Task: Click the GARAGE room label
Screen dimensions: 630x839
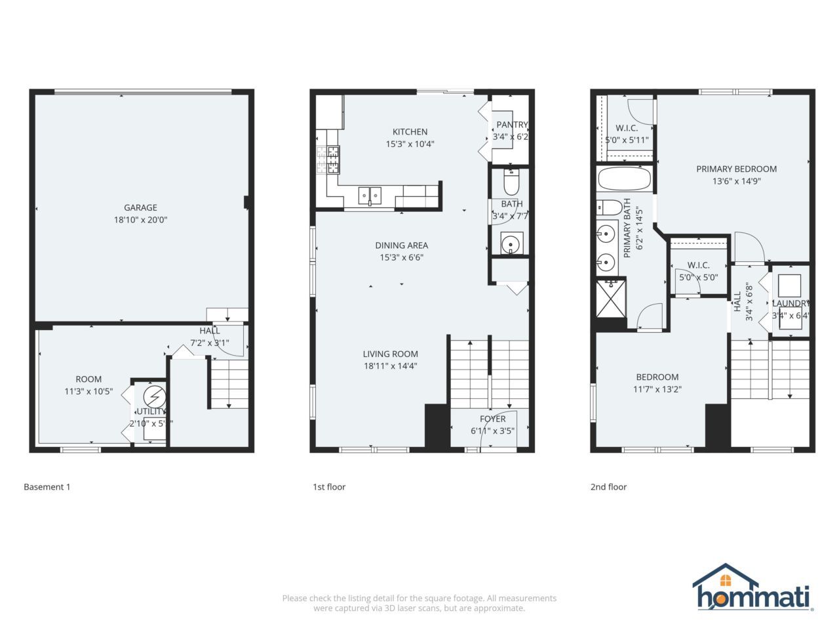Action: (x=140, y=208)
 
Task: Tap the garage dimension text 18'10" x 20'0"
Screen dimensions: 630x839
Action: (x=140, y=220)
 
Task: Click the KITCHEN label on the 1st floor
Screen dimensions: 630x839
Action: (x=410, y=132)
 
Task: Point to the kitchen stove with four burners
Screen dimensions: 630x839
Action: (x=329, y=159)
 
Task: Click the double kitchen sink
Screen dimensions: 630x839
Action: (x=370, y=195)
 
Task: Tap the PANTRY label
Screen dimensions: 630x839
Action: (x=511, y=125)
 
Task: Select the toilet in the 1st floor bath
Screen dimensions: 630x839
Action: (x=510, y=178)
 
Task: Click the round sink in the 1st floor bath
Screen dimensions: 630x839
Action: (x=511, y=244)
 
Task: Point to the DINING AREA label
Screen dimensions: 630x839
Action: (x=401, y=245)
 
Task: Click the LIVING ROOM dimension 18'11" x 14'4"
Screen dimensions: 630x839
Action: (x=391, y=366)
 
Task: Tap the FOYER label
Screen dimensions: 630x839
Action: (x=492, y=419)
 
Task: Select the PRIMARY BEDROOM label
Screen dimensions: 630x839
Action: (x=736, y=169)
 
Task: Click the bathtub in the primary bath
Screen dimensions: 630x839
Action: (x=625, y=179)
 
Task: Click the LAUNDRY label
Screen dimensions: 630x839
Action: (x=790, y=303)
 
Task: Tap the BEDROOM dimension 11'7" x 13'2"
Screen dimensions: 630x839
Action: (x=657, y=389)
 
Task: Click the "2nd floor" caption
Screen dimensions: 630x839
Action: (x=608, y=487)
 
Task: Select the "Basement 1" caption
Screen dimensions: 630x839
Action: (x=47, y=487)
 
